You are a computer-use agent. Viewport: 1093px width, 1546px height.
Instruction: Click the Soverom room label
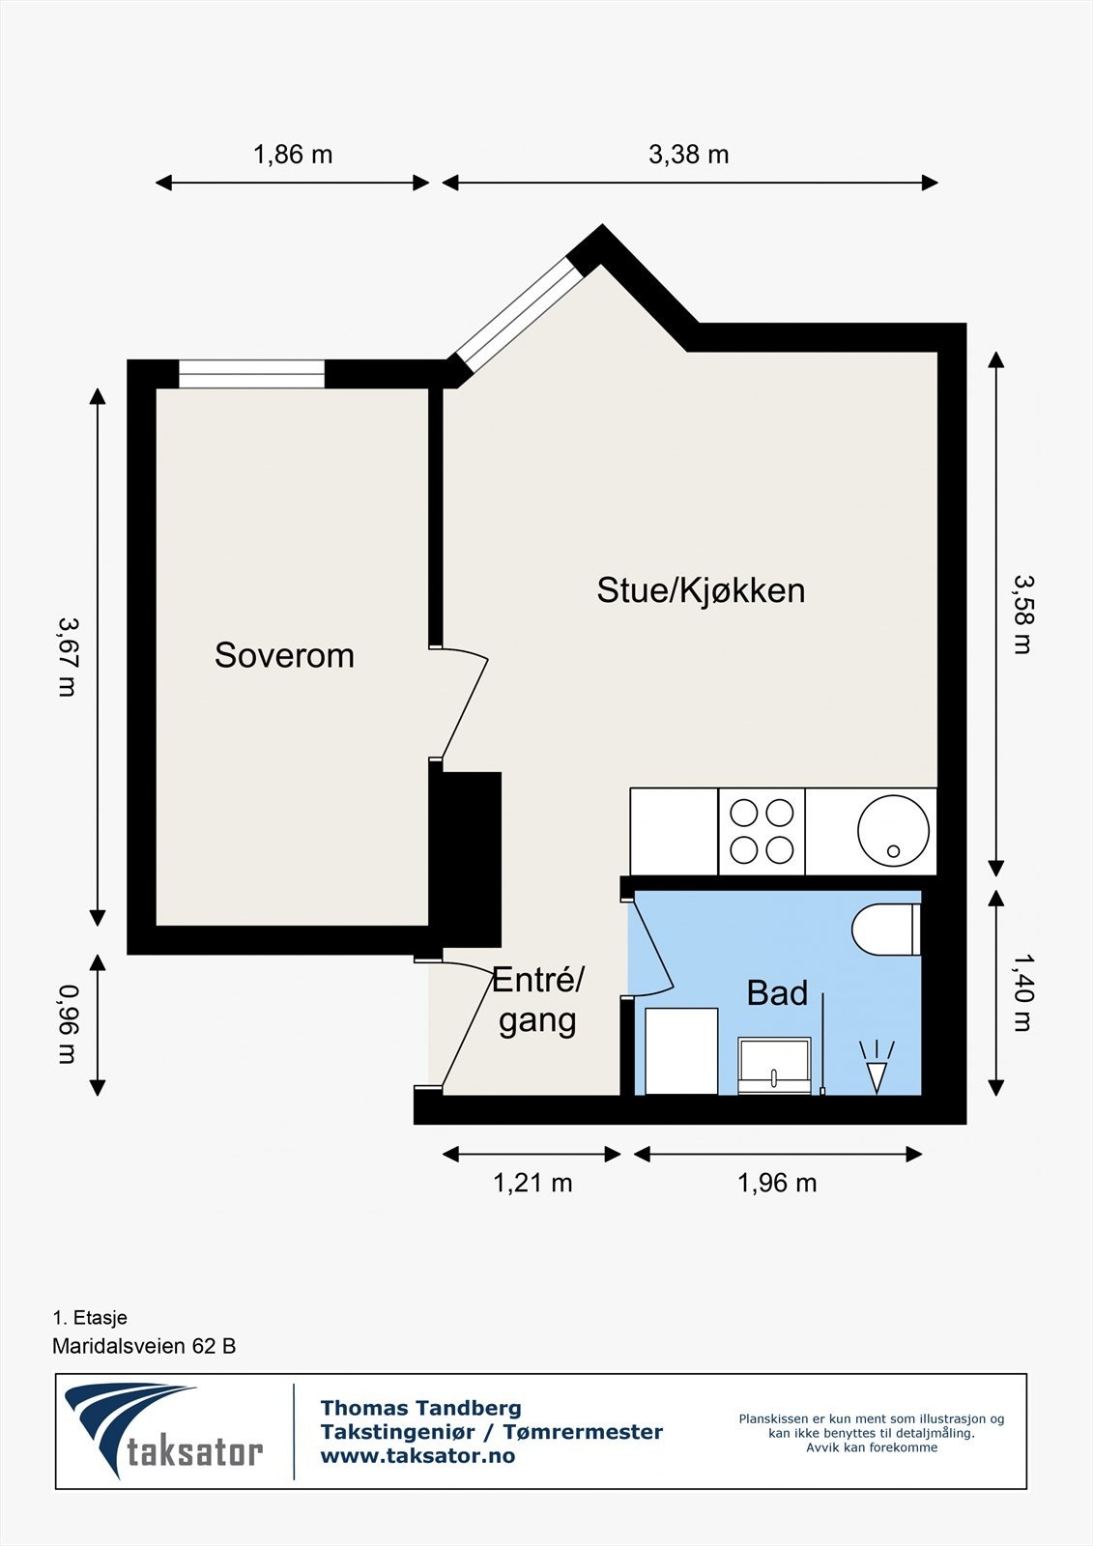point(284,655)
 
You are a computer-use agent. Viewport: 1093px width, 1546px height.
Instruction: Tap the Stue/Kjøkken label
point(701,590)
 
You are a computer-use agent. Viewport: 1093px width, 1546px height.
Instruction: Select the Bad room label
point(777,993)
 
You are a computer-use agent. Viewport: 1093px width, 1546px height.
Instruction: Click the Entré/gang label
point(537,1001)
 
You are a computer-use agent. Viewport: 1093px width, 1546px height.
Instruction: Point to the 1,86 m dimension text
point(293,155)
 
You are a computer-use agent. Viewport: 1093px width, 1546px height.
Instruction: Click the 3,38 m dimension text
point(688,155)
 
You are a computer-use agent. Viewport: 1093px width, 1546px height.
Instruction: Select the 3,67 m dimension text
point(67,656)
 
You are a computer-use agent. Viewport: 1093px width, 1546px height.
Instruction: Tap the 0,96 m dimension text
point(67,1024)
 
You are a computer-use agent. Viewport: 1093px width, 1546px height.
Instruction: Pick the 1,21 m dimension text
point(532,1183)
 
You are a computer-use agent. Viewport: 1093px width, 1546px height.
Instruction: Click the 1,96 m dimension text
point(777,1183)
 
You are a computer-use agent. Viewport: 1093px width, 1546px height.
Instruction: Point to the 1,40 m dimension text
point(1022,992)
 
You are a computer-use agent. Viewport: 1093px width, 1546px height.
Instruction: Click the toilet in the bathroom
point(884,930)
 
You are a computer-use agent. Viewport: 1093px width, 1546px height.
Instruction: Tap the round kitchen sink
point(893,831)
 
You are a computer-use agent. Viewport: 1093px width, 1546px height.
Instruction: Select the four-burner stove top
point(762,831)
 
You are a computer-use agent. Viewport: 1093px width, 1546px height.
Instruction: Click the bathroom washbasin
point(774,1066)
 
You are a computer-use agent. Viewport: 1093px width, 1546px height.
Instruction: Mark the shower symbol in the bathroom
point(877,1068)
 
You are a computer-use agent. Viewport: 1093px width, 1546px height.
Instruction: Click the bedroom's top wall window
point(251,374)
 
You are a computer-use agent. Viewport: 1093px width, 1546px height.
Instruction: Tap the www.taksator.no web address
point(417,1456)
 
